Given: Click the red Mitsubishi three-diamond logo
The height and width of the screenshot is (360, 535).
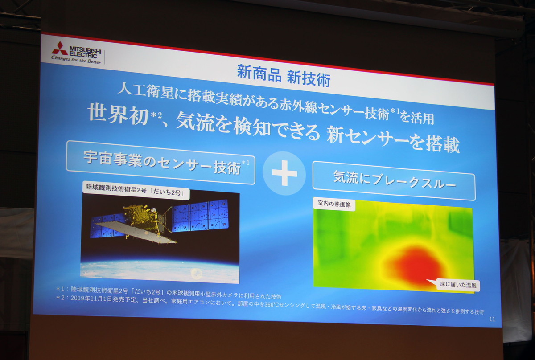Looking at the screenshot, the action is tap(59, 49).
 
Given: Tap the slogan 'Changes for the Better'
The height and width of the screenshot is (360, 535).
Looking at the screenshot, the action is tap(76, 60).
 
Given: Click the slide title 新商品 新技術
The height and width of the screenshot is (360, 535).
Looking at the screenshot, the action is tap(284, 75).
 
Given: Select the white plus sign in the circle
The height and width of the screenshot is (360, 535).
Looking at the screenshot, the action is tap(284, 173).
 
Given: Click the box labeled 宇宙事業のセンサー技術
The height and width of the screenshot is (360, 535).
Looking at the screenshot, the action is tap(160, 162).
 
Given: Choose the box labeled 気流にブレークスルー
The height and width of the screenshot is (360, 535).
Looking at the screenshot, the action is tap(394, 181).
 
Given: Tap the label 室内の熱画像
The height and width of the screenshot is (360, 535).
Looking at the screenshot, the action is tap(334, 204).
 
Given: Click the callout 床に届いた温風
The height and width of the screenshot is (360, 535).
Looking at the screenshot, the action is tap(458, 285).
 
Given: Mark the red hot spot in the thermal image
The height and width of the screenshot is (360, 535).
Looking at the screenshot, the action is tap(416, 265).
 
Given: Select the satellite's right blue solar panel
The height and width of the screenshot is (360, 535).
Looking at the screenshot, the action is tap(200, 216).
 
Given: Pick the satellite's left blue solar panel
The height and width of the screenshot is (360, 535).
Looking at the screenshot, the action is tap(107, 226).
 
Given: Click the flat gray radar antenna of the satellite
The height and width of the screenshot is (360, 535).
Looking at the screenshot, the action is tap(136, 232).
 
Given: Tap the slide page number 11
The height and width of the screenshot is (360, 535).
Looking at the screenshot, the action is tap(492, 319).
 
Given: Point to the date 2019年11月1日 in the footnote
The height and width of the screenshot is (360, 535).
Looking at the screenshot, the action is tap(91, 299).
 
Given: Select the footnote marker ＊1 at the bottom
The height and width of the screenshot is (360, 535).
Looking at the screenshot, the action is tap(60, 289).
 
